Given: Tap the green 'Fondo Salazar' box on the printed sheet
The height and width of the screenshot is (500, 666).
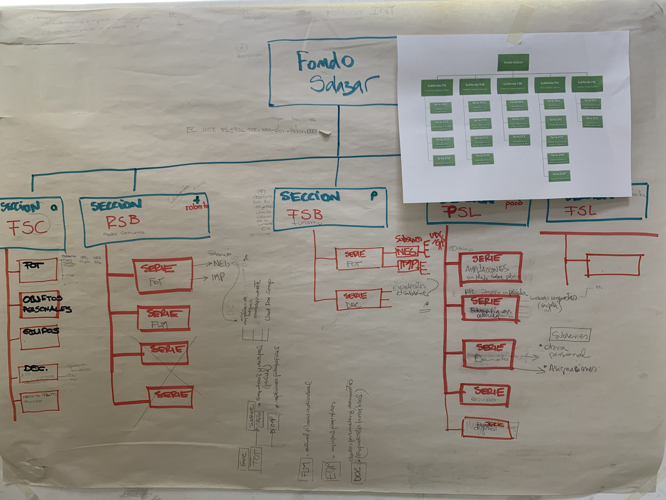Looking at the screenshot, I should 513,62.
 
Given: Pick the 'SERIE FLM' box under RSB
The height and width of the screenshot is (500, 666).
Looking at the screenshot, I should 164,318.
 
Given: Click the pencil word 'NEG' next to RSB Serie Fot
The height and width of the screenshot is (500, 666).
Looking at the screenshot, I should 221,264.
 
